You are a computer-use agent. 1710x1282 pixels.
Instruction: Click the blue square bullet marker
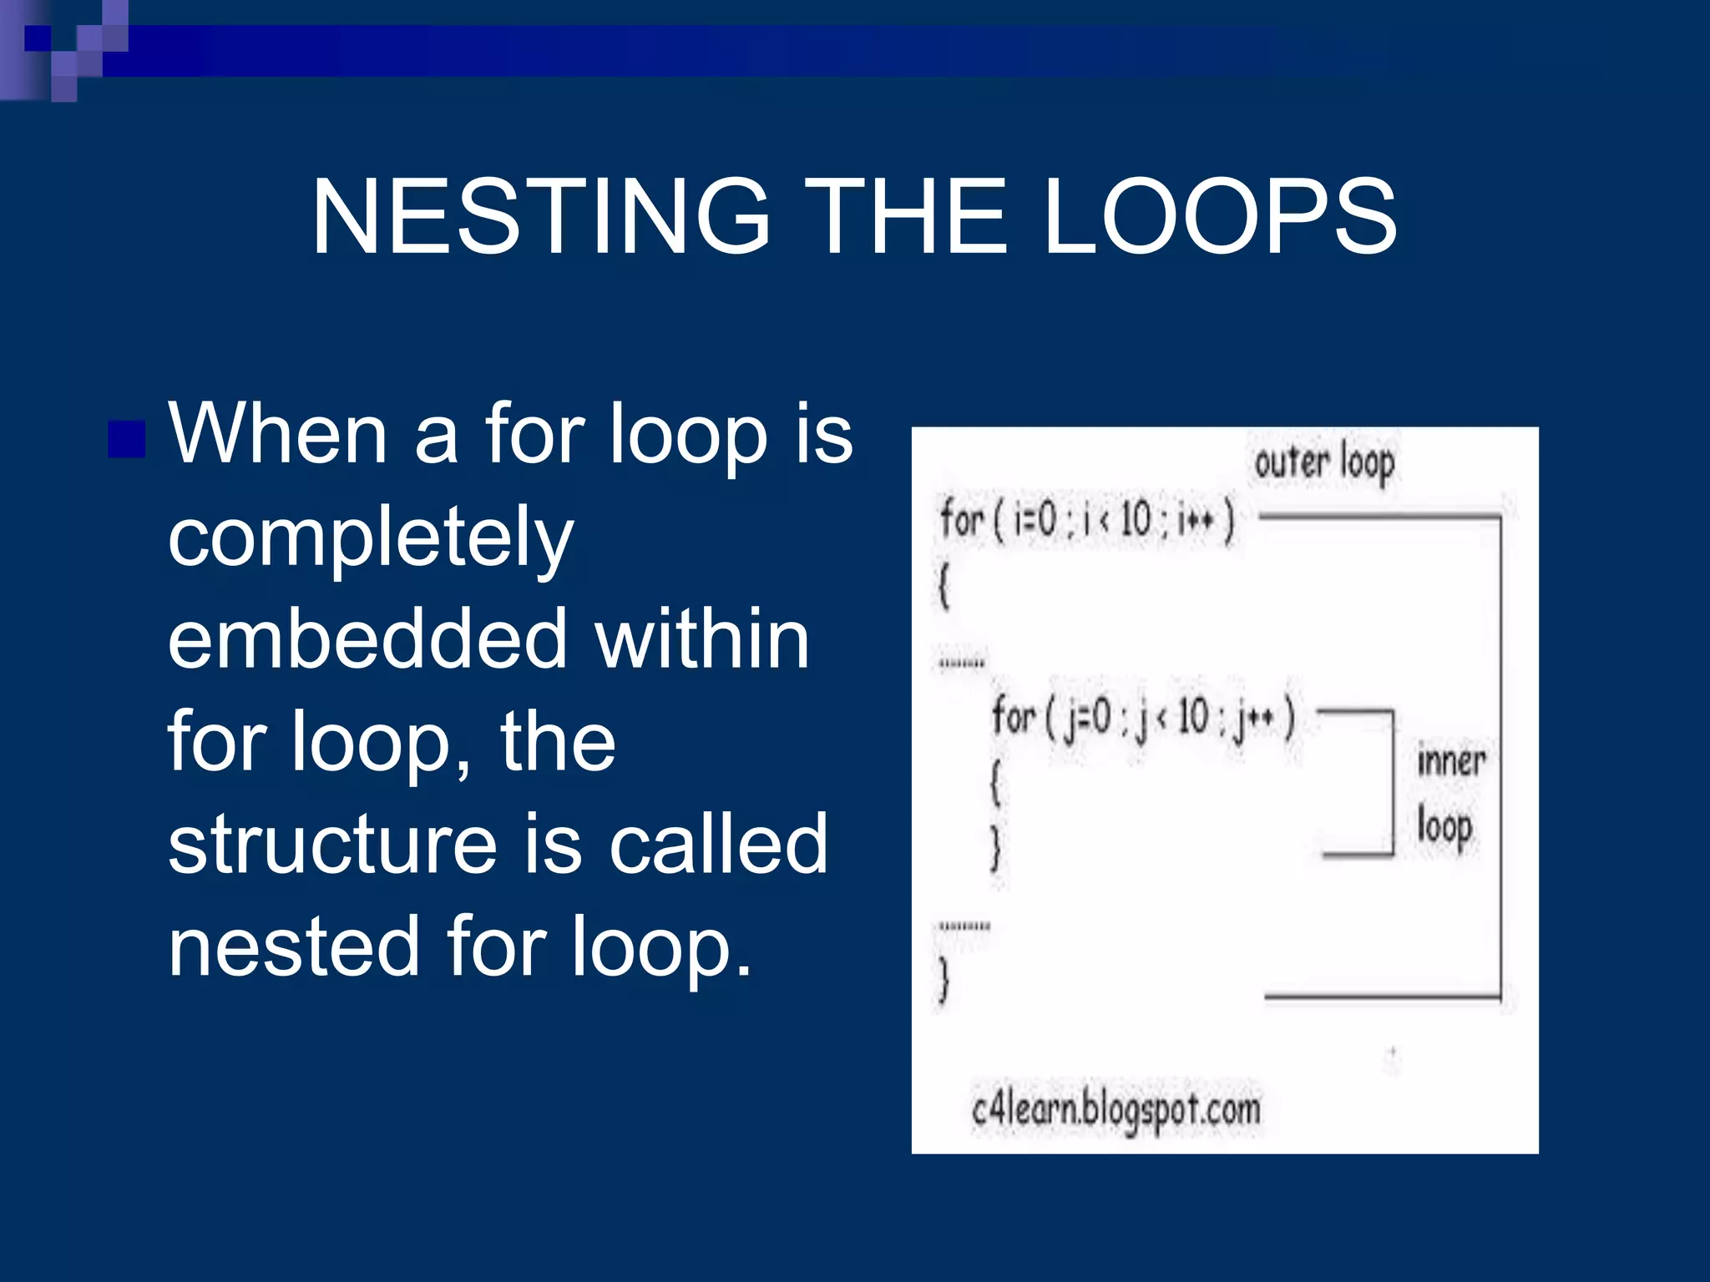(x=127, y=439)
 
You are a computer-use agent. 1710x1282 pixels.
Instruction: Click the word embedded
(x=367, y=638)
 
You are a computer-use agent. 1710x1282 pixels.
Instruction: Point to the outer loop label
(x=1324, y=462)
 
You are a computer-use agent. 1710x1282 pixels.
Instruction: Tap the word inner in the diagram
(x=1451, y=761)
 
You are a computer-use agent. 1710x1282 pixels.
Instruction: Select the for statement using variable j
(x=1142, y=718)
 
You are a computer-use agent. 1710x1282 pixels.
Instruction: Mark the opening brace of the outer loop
(x=944, y=586)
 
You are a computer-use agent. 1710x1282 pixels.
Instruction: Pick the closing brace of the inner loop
(x=995, y=850)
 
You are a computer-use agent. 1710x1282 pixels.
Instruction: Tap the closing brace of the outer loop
(x=944, y=978)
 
